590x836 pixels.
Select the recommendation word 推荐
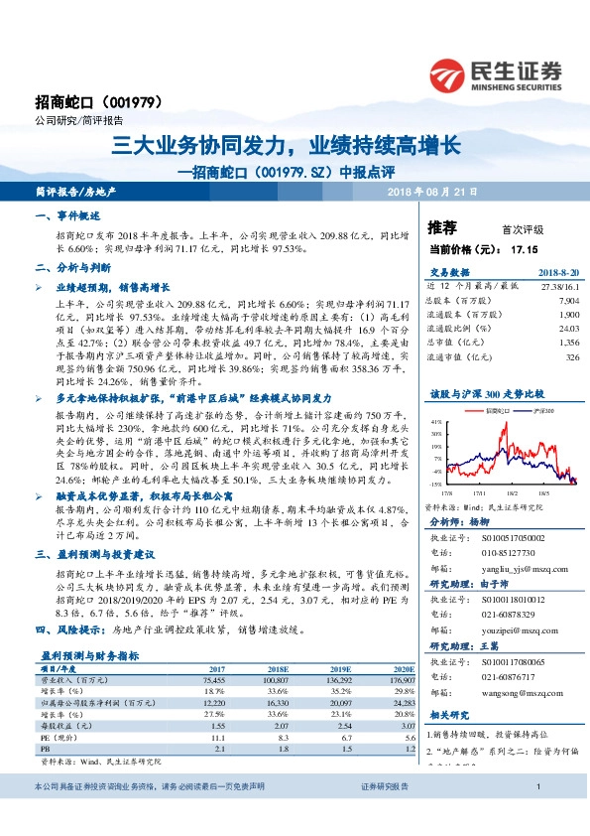pos(442,227)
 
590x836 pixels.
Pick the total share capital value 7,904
pos(567,298)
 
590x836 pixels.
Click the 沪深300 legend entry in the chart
pos(541,408)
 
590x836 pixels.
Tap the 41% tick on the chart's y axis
pos(435,420)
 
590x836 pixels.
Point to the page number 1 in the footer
pos(536,815)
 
